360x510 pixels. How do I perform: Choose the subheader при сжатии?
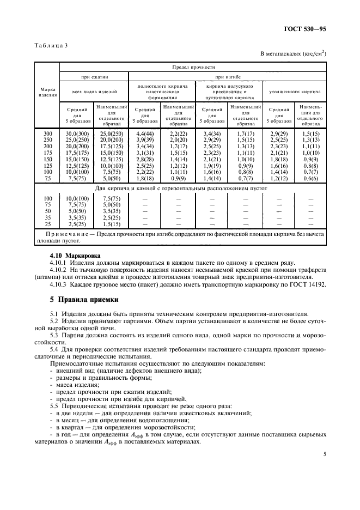[93, 77]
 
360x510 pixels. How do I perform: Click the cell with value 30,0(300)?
[76, 133]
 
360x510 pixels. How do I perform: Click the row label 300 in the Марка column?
[47, 133]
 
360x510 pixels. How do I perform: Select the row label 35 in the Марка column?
[47, 217]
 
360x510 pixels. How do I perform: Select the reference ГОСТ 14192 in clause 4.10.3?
[307, 283]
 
